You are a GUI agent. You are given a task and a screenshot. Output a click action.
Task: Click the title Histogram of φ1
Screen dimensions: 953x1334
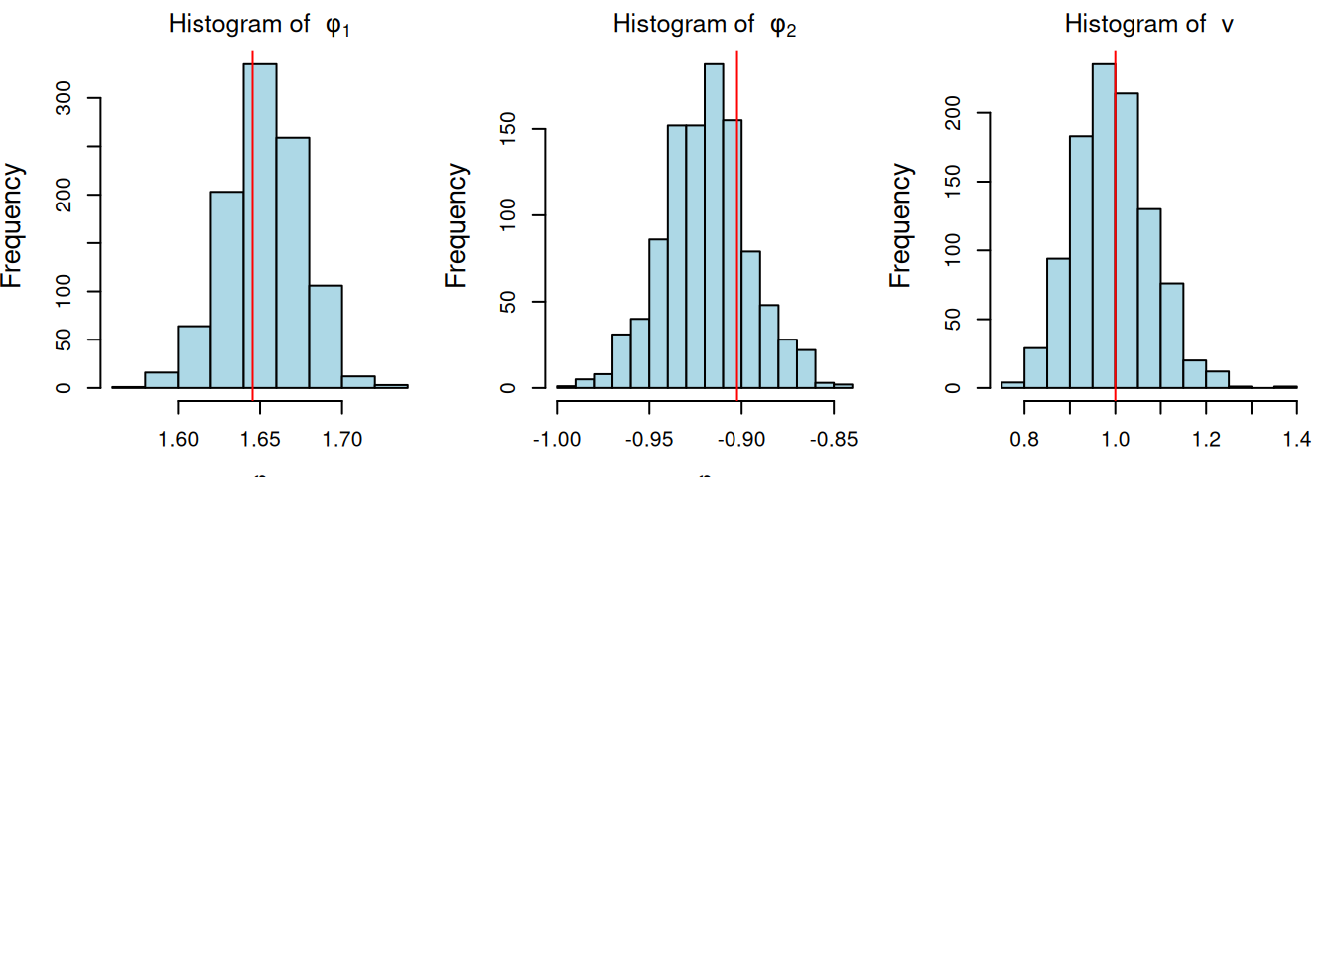pyautogui.click(x=259, y=25)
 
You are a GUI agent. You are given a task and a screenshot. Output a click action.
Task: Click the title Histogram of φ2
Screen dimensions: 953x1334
pyautogui.click(x=704, y=25)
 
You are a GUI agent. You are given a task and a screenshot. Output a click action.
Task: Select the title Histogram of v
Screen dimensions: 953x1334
pyautogui.click(x=1148, y=25)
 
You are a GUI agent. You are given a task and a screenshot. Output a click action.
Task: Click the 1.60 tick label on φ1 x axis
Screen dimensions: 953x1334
pyautogui.click(x=179, y=440)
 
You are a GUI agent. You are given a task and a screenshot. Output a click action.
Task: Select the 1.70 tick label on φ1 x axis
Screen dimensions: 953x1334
pyautogui.click(x=342, y=440)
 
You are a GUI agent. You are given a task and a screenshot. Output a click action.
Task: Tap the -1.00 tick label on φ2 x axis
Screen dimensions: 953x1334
pyautogui.click(x=557, y=440)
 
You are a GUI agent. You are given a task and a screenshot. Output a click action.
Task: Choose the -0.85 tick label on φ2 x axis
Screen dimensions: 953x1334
pyautogui.click(x=834, y=440)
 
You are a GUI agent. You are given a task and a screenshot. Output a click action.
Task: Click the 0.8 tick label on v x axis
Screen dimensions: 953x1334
pyautogui.click(x=1024, y=440)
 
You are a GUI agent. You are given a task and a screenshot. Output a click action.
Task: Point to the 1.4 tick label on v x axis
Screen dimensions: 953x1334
pyautogui.click(x=1296, y=440)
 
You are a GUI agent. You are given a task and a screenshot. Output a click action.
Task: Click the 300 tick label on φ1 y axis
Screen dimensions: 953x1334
pyautogui.click(x=64, y=98)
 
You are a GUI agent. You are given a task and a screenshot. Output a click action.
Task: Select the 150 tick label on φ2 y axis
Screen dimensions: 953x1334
pyautogui.click(x=508, y=129)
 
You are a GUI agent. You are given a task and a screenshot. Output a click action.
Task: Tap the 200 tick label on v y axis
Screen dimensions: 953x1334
pyautogui.click(x=953, y=113)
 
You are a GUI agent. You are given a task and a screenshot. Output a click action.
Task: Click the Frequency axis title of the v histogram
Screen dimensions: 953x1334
pyautogui.click(x=900, y=225)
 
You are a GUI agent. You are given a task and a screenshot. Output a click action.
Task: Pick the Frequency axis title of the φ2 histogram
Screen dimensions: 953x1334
pyautogui.click(x=456, y=225)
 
